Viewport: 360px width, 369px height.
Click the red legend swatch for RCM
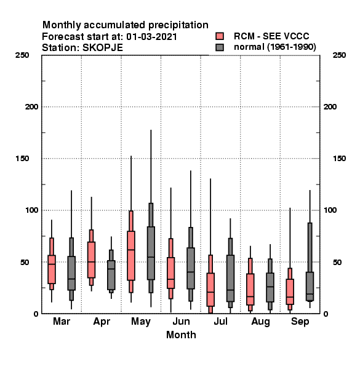coord(220,36)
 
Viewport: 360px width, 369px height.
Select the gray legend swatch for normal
coord(220,47)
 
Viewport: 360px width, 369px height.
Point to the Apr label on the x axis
coord(102,322)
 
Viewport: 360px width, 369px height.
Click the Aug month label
coord(260,322)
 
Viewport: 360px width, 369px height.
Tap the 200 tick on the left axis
coord(31,107)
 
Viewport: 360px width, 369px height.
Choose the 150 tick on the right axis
coord(339,159)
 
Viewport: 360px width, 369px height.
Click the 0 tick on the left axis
coord(36,314)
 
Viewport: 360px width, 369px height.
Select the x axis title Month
coord(181,335)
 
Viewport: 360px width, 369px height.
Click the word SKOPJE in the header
coord(103,48)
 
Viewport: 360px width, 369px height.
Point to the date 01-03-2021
coord(151,37)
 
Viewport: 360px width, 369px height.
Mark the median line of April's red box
coord(91,262)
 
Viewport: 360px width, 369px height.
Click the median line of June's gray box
coord(191,272)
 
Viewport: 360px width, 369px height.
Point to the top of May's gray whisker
coord(151,130)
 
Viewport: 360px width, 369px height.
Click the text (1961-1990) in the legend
coord(292,47)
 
